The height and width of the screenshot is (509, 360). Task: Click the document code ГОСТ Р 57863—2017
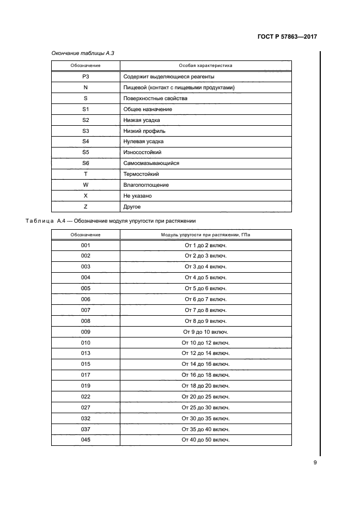286,38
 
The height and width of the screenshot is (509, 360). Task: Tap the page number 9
315,463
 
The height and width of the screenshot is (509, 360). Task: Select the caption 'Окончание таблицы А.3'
82,53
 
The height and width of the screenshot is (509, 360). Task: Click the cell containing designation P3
86,77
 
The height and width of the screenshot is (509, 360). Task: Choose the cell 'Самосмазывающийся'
151,163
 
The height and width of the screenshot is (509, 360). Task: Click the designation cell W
86,185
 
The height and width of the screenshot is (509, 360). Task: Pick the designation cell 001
86,246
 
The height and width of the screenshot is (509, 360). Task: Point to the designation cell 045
86,439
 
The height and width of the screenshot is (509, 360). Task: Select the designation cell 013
86,353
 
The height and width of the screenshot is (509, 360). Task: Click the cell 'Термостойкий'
141,174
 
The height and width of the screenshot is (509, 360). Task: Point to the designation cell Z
86,206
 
